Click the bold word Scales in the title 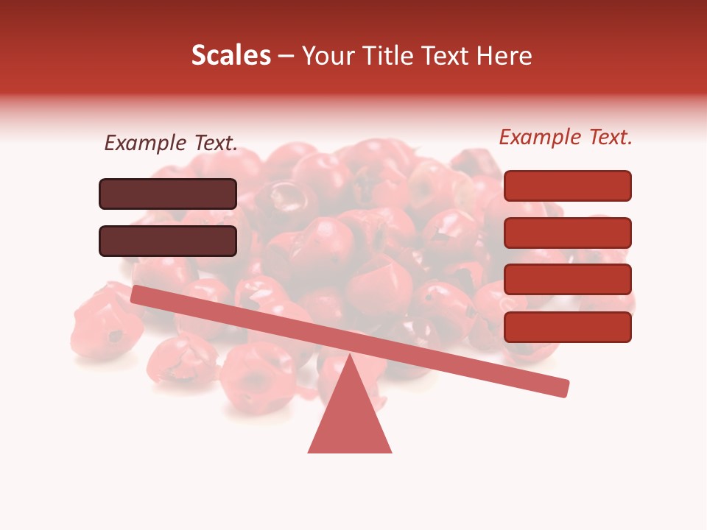coord(231,55)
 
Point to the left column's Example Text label coord(171,144)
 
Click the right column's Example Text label coord(566,137)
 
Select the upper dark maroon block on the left coord(168,194)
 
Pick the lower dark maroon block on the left coord(168,241)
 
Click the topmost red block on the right coord(567,185)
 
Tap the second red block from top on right coord(567,233)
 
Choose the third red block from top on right coord(567,280)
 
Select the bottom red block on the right coord(567,327)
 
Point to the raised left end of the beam coord(137,294)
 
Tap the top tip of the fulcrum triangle coord(349,356)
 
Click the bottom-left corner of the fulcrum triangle coord(309,451)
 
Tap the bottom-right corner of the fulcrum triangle coord(390,451)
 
